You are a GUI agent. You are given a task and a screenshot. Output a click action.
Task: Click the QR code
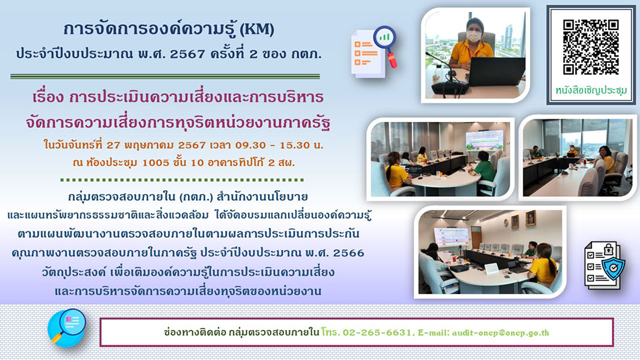(591, 47)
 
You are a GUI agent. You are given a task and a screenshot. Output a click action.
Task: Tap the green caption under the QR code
(591, 90)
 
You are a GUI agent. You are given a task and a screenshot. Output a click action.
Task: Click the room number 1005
(155, 163)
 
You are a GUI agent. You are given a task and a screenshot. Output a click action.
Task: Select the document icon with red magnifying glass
(374, 52)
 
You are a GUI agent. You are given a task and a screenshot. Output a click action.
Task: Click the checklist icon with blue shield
(604, 265)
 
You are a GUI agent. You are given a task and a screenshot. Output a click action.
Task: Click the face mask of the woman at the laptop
(473, 36)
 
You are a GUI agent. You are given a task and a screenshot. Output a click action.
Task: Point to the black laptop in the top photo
(496, 71)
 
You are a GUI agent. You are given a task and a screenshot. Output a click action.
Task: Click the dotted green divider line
(182, 179)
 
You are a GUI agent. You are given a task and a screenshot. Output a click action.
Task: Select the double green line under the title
(165, 76)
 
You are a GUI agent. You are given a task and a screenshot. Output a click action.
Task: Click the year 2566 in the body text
(349, 253)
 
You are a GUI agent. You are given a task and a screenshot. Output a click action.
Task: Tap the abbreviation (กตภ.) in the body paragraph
(196, 197)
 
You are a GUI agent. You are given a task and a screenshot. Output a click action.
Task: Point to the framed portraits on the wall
(523, 219)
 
